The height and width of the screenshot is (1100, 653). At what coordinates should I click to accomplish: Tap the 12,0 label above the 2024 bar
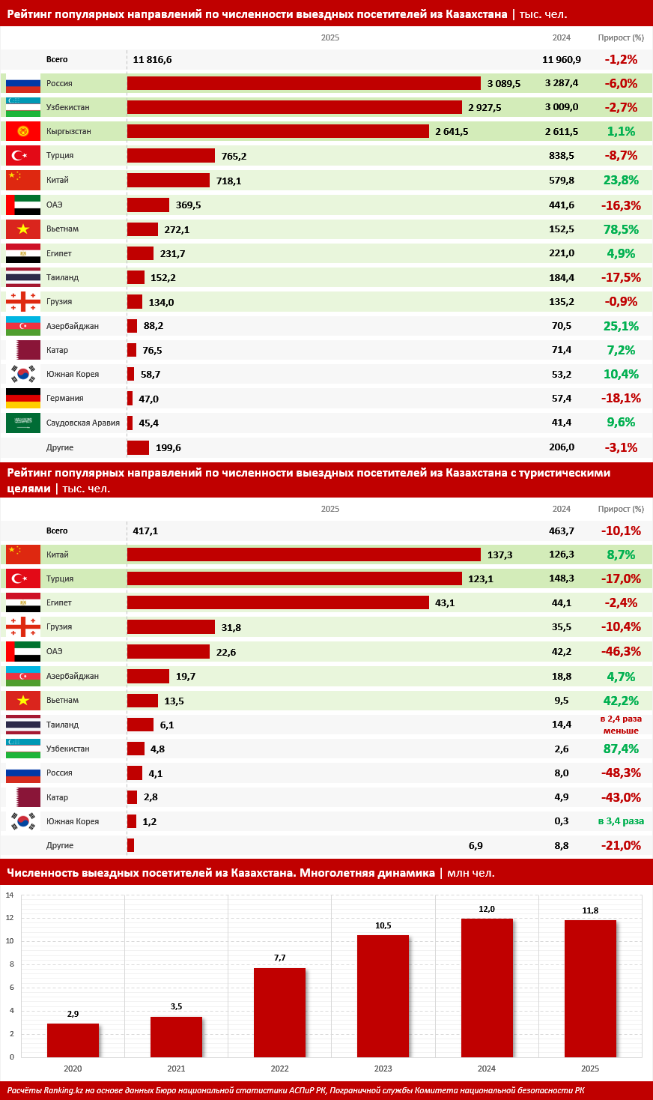click(x=487, y=909)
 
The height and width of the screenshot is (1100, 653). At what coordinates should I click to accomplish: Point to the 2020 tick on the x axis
click(x=73, y=1069)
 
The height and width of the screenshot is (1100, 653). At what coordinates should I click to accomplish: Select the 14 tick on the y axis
click(x=10, y=895)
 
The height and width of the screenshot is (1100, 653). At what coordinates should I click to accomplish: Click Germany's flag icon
click(x=23, y=399)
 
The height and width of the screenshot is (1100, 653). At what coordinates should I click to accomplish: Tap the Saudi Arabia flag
click(x=23, y=423)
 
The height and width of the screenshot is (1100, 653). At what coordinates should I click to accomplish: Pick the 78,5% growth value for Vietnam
click(x=622, y=229)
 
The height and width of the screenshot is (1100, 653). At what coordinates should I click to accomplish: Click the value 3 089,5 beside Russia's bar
click(x=503, y=84)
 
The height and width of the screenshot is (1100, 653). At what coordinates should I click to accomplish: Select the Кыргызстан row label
click(x=69, y=132)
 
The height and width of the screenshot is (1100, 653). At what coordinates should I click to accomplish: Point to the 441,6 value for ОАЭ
click(x=562, y=205)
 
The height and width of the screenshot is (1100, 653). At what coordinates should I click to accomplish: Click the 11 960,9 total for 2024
click(x=562, y=60)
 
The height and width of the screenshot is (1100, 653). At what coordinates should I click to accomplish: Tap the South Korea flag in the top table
click(x=23, y=374)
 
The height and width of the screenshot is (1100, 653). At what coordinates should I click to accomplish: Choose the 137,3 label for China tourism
click(x=499, y=555)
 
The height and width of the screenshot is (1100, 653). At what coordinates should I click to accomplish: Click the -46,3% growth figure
click(x=622, y=652)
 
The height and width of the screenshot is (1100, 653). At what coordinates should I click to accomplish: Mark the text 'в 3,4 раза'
click(x=621, y=821)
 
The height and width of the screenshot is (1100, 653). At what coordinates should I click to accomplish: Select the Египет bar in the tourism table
click(x=278, y=602)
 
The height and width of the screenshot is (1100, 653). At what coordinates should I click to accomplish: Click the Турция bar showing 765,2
click(x=171, y=156)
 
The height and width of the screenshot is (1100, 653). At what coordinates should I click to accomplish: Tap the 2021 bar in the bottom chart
click(x=176, y=1036)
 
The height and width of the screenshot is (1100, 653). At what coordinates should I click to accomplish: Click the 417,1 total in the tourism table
click(x=145, y=531)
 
